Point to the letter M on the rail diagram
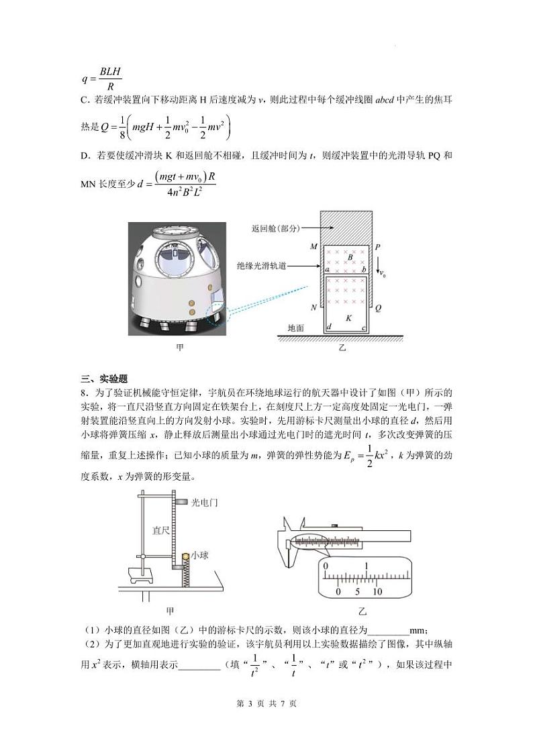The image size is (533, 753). click(x=313, y=247)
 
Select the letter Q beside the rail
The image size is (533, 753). click(x=379, y=308)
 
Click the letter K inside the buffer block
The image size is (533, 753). click(x=348, y=317)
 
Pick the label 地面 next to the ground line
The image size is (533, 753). click(x=295, y=328)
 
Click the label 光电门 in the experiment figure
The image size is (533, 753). click(x=205, y=502)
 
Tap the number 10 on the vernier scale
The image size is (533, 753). click(x=377, y=592)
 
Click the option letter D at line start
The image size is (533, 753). click(x=85, y=156)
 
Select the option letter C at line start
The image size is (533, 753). click(x=85, y=101)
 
